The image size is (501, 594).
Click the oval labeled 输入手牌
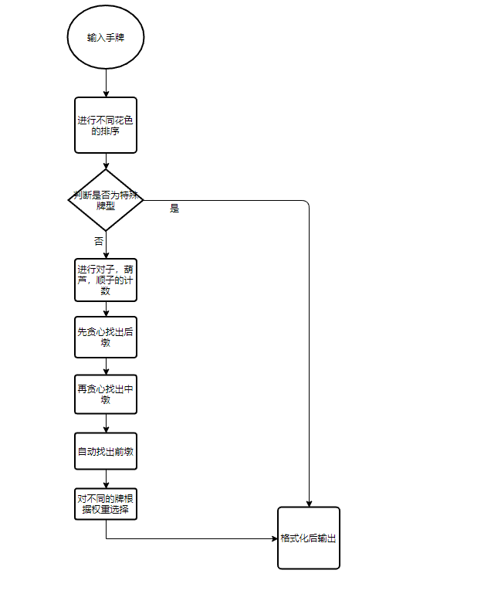pyautogui.click(x=106, y=37)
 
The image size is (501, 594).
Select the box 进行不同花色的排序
pyautogui.click(x=106, y=125)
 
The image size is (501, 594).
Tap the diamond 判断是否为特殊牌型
pyautogui.click(x=106, y=200)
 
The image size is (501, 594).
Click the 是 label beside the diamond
pyautogui.click(x=174, y=209)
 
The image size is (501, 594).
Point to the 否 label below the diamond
pyautogui.click(x=99, y=241)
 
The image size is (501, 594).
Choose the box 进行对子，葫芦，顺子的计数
pyautogui.click(x=106, y=280)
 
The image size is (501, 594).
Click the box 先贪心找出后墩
pyautogui.click(x=106, y=337)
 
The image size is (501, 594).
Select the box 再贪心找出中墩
pyautogui.click(x=106, y=395)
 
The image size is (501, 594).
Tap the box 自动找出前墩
pyautogui.click(x=106, y=451)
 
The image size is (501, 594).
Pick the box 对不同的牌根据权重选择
pyautogui.click(x=106, y=504)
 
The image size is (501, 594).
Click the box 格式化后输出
pyautogui.click(x=309, y=538)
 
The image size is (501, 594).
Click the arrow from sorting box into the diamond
pyautogui.click(x=106, y=161)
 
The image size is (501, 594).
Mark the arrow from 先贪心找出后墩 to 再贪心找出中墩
pyautogui.click(x=106, y=366)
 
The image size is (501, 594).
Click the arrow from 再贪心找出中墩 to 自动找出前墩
pyautogui.click(x=106, y=423)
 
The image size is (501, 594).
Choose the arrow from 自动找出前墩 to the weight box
pyautogui.click(x=106, y=479)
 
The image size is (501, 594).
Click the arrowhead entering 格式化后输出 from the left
pyautogui.click(x=274, y=538)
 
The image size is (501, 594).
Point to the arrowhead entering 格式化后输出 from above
pyautogui.click(x=309, y=503)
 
